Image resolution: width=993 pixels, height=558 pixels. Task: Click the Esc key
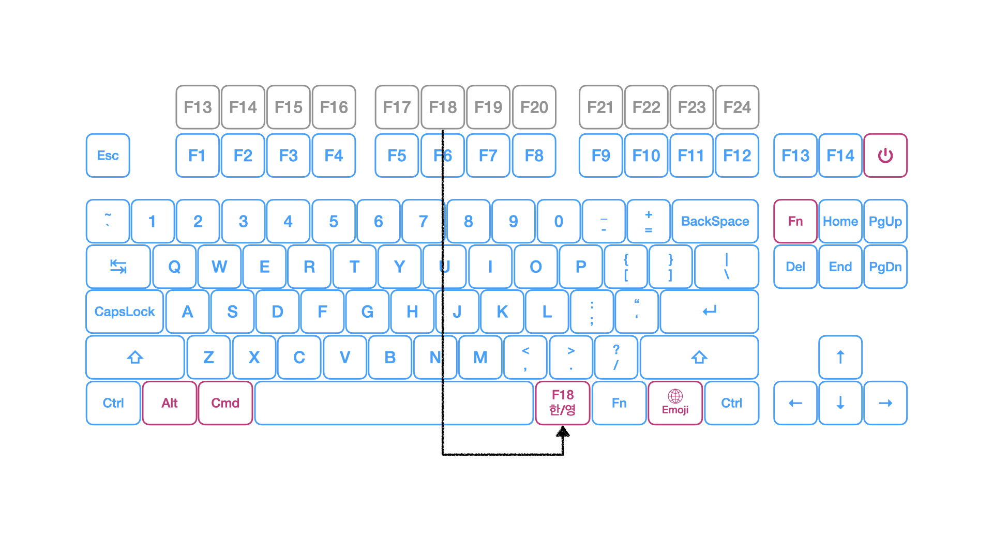[x=108, y=156]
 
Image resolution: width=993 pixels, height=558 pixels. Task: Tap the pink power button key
[x=885, y=156]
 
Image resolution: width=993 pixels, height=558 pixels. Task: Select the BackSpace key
[x=715, y=221]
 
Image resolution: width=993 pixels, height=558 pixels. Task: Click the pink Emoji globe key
[x=675, y=403]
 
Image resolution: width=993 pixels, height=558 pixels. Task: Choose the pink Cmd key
[x=225, y=403]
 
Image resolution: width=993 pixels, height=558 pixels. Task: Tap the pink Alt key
[x=169, y=403]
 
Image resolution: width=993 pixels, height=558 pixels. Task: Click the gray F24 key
[x=737, y=107]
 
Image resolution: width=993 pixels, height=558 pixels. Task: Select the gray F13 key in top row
[x=198, y=107]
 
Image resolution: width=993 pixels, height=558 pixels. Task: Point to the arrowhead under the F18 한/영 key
[x=563, y=432]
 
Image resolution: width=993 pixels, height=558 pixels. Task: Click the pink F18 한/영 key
[x=563, y=403]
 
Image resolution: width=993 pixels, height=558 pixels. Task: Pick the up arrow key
[x=840, y=357]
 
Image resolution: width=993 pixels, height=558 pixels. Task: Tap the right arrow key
[x=885, y=403]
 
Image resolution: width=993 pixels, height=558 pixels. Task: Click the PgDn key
[x=885, y=267]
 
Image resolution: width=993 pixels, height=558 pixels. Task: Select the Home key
[x=840, y=221]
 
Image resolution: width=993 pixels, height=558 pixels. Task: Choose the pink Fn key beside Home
[x=795, y=221]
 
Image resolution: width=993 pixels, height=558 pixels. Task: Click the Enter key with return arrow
[x=709, y=312]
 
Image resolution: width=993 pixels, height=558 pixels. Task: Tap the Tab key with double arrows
[x=118, y=267]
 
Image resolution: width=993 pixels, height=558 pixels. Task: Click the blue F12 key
[x=737, y=156]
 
